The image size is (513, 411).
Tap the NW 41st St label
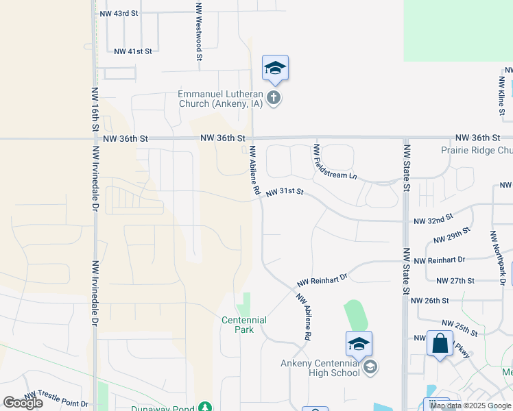click(x=132, y=51)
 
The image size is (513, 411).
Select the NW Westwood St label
click(x=198, y=33)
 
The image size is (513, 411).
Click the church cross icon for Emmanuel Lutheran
click(x=274, y=97)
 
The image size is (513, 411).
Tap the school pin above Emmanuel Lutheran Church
click(x=275, y=68)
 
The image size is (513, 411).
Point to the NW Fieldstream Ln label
click(x=335, y=162)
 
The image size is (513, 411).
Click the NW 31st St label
click(x=285, y=193)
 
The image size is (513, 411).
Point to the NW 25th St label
click(x=460, y=327)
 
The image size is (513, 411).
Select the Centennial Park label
click(x=244, y=325)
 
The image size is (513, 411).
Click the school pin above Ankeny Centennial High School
click(x=359, y=345)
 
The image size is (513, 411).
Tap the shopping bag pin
click(x=440, y=343)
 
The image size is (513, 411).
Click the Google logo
click(x=23, y=403)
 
